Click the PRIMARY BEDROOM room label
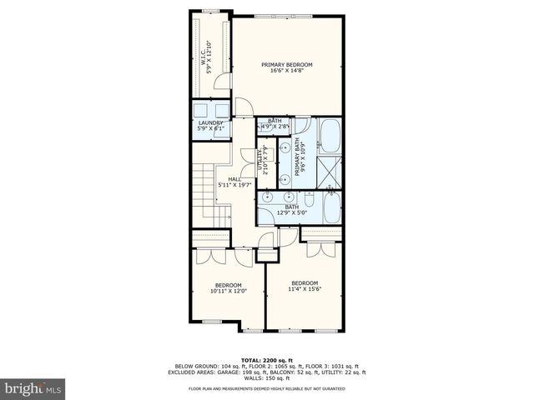click(286, 65)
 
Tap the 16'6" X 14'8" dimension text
click(286, 72)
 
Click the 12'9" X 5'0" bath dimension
click(291, 213)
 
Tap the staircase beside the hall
click(204, 196)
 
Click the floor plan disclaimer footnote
click(267, 388)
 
